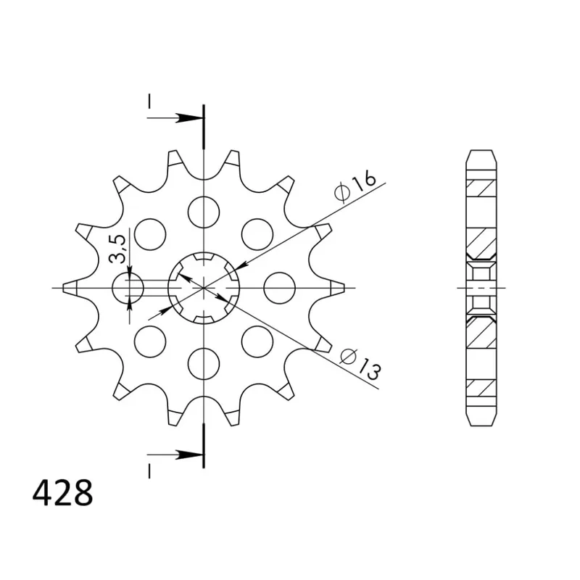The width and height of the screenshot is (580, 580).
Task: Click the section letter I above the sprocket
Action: click(149, 104)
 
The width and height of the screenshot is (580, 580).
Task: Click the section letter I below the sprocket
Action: click(149, 471)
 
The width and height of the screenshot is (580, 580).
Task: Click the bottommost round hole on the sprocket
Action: click(204, 363)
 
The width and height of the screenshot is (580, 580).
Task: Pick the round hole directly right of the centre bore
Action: click(279, 288)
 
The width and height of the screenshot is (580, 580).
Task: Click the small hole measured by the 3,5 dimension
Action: click(130, 289)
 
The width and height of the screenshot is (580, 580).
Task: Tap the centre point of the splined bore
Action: click(204, 288)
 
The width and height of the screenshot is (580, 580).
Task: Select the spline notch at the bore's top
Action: click(204, 257)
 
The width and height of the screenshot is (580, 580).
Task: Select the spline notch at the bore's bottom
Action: click(204, 319)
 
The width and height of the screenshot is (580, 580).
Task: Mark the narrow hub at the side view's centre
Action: click(481, 288)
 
